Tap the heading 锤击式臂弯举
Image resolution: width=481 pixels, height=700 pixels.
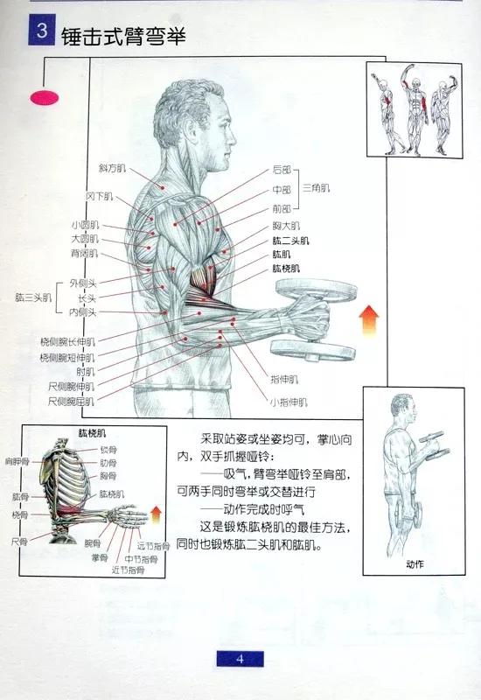[x=123, y=38]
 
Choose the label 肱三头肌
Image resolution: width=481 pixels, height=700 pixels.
[x=32, y=297]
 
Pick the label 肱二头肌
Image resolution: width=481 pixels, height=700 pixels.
[x=290, y=241]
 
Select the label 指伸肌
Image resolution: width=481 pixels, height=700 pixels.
[x=285, y=380]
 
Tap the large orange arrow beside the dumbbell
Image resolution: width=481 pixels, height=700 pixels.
[x=370, y=319]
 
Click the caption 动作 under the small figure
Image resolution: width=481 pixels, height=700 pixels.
[x=415, y=564]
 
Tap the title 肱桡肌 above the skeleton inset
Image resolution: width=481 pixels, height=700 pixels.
[x=92, y=433]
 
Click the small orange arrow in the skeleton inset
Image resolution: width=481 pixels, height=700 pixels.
[x=156, y=514]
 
